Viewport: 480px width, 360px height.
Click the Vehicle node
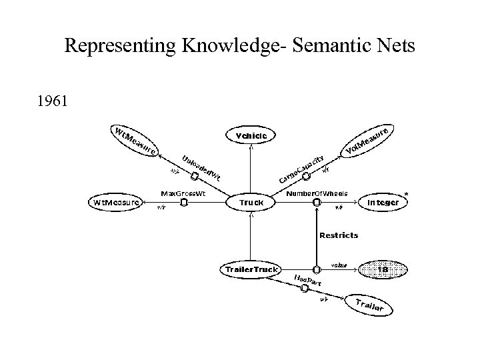tap(251, 136)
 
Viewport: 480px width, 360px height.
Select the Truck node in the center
tap(251, 201)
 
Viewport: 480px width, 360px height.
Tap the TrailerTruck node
tap(249, 269)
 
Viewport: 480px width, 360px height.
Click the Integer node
tap(383, 201)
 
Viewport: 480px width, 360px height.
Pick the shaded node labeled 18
tap(383, 269)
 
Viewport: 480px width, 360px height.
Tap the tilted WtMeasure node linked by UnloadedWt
tap(134, 141)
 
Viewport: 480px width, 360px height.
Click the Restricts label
tap(339, 235)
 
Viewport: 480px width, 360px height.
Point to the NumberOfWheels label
tap(317, 193)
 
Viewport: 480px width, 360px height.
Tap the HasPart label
tap(307, 280)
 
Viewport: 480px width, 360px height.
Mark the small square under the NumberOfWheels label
tap(316, 202)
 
